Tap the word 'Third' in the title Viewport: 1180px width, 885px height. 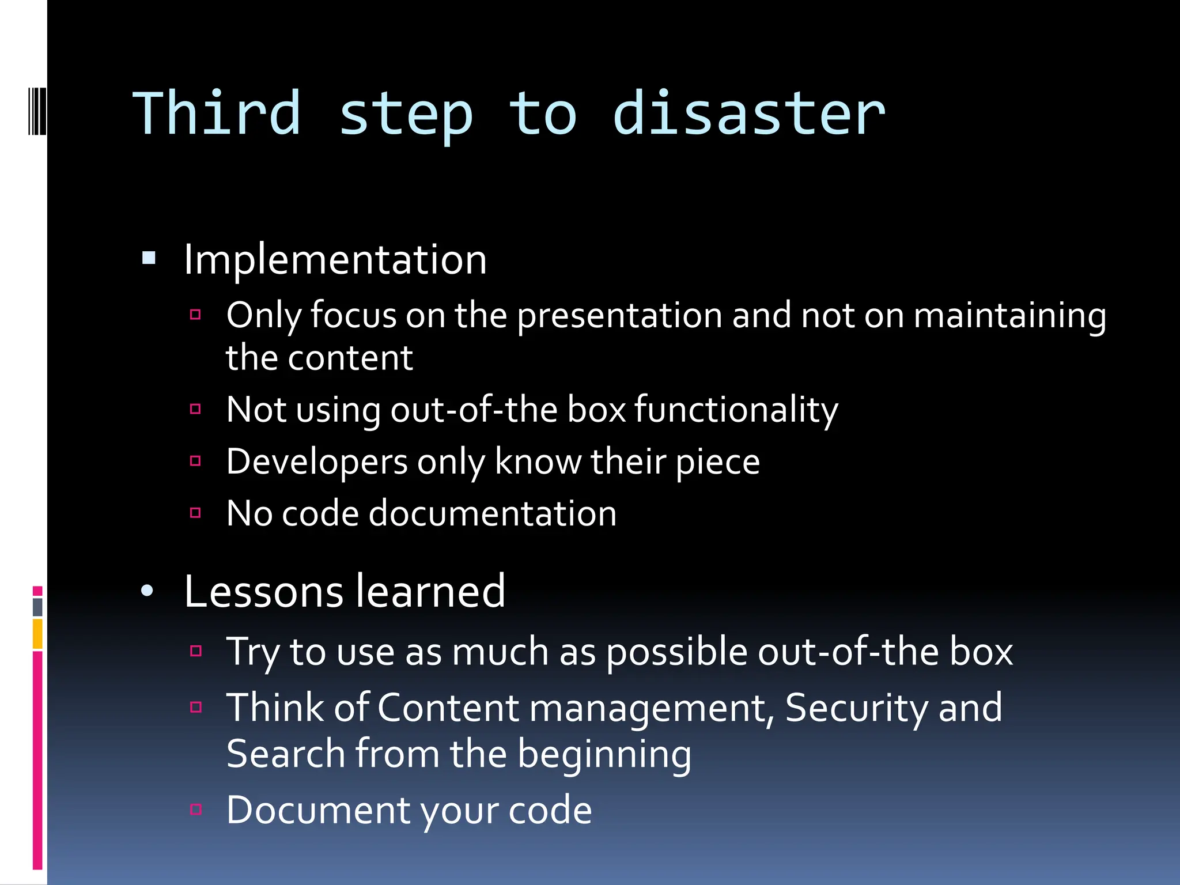click(x=217, y=114)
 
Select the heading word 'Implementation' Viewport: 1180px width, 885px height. click(x=335, y=260)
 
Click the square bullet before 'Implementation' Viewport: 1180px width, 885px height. click(x=149, y=258)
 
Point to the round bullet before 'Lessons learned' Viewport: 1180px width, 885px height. click(x=147, y=591)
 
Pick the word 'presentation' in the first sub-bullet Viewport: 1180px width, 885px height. click(x=619, y=316)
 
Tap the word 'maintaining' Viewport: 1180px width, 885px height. click(x=1009, y=316)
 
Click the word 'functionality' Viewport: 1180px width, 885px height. click(x=736, y=410)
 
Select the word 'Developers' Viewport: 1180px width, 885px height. click(x=317, y=463)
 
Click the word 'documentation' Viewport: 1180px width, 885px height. click(x=493, y=513)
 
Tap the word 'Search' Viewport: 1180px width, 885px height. click(x=286, y=754)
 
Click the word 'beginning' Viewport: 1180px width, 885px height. click(x=604, y=755)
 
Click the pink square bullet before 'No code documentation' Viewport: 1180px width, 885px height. click(x=195, y=512)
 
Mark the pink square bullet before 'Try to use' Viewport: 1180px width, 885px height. click(x=196, y=651)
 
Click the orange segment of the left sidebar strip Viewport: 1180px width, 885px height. click(x=37, y=633)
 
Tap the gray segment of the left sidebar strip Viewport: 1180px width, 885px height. click(x=37, y=607)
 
